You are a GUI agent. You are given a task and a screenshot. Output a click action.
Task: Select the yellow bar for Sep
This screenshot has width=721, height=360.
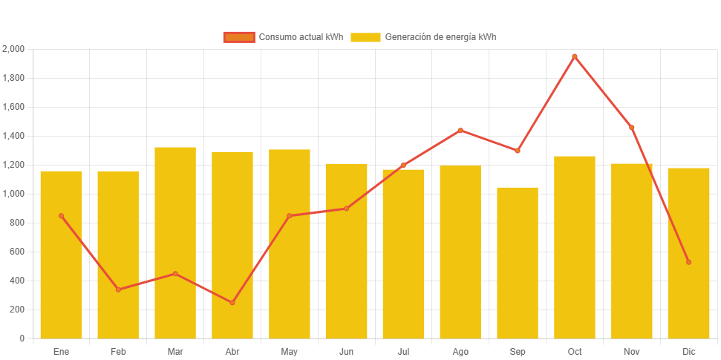tap(518, 263)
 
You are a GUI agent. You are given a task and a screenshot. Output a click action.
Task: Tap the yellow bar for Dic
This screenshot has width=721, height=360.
tap(688, 253)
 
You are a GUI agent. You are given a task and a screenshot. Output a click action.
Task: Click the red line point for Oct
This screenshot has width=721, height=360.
tap(575, 56)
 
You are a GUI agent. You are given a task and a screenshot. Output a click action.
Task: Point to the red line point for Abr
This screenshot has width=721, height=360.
tap(232, 303)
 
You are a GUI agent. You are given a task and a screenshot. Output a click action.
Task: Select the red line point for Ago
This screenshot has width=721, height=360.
tap(460, 131)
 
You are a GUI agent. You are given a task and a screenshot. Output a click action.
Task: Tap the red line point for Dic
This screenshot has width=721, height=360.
tap(688, 262)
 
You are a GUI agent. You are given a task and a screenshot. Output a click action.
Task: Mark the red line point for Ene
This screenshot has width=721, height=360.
tap(61, 216)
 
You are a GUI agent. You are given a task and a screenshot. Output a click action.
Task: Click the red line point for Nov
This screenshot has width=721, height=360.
tap(632, 128)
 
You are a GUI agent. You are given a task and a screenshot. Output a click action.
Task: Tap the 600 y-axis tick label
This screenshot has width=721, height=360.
tap(16, 252)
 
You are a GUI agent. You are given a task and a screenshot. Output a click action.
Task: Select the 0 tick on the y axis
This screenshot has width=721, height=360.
tap(22, 338)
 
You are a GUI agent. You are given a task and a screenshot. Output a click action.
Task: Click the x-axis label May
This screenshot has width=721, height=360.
tap(289, 351)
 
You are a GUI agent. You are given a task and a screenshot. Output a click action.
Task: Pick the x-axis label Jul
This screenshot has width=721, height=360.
tap(403, 351)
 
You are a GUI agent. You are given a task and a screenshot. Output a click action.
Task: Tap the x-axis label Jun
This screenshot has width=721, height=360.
tap(346, 351)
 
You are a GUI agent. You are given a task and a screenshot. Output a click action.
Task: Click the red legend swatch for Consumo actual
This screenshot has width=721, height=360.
tap(238, 37)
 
